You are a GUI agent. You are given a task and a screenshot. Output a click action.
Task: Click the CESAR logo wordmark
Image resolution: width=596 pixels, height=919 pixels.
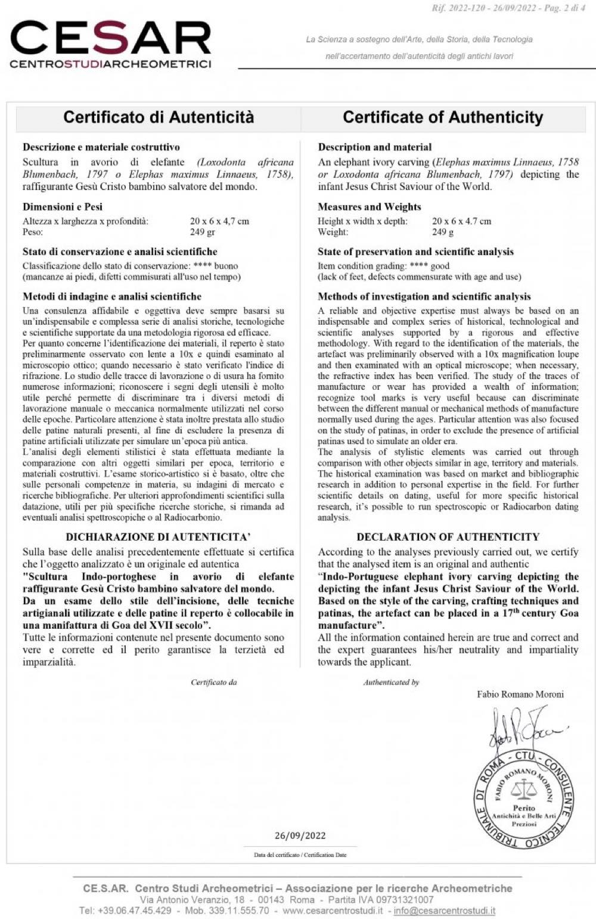point(111,38)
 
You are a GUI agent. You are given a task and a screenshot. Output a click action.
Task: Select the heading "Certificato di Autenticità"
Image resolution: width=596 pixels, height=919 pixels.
point(159,117)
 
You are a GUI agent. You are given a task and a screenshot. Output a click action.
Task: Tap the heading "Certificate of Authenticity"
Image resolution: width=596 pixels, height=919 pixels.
point(443,117)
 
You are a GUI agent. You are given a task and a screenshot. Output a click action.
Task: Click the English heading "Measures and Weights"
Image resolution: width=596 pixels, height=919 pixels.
point(370,207)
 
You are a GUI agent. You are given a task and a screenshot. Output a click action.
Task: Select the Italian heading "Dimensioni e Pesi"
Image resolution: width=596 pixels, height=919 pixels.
point(63,207)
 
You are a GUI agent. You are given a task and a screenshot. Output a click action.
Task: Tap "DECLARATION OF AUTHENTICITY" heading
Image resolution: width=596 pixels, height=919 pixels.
point(448,536)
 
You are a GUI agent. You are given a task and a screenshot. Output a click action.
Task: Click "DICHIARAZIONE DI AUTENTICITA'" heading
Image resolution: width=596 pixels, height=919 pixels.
point(158,536)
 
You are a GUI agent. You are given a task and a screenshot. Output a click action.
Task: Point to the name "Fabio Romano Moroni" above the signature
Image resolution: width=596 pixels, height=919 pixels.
point(520,694)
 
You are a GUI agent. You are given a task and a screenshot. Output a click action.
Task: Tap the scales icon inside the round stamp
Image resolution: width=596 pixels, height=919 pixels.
point(524,790)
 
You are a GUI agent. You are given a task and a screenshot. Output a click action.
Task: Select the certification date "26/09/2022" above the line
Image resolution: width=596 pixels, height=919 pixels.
point(300,836)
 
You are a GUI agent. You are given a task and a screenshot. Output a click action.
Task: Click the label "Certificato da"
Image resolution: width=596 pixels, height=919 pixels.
point(214,682)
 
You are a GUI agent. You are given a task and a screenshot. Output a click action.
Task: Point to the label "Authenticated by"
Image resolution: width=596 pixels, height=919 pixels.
point(391,682)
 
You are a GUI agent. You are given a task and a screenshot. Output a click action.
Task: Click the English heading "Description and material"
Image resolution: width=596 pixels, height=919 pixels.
point(375,147)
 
